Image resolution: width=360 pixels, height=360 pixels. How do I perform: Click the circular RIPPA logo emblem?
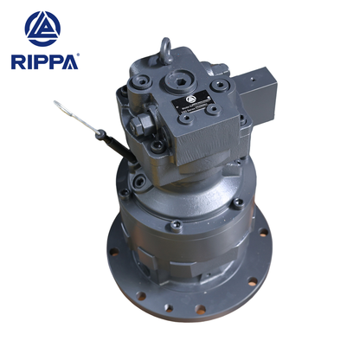[x=42, y=29]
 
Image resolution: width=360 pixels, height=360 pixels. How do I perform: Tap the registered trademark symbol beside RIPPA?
[x=77, y=55]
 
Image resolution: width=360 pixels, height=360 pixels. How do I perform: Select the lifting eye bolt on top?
[x=165, y=48]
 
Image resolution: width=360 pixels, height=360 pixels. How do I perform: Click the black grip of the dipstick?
[x=107, y=139]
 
